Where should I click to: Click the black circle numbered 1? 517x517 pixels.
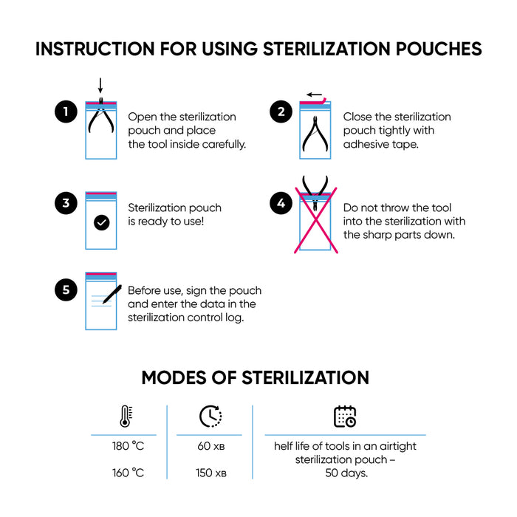click(66, 112)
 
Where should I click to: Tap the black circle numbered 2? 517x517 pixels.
click(281, 112)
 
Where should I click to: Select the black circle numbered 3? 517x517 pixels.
click(66, 204)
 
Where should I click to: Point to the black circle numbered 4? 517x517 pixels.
click(281, 204)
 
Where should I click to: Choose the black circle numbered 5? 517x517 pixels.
click(66, 290)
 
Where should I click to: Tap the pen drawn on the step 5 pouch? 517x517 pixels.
click(112, 295)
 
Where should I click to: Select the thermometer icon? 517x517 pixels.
click(124, 417)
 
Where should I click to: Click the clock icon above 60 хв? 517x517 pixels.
click(210, 417)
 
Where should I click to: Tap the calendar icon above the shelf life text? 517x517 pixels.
click(345, 417)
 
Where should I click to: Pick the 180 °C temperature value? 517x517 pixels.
click(128, 447)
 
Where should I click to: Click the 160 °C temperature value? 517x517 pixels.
click(128, 473)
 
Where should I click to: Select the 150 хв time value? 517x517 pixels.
click(210, 473)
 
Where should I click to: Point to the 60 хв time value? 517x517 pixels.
click(210, 447)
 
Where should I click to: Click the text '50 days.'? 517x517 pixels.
click(346, 473)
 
